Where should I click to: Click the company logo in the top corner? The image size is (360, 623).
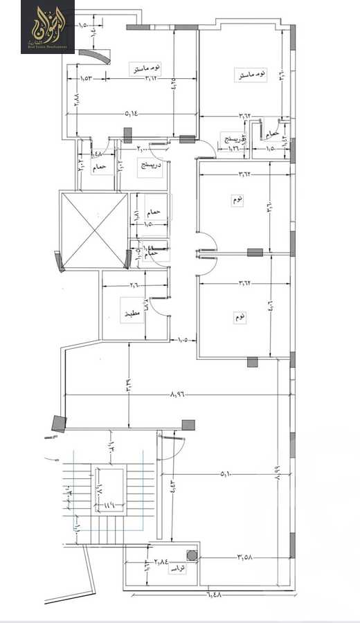(48, 27)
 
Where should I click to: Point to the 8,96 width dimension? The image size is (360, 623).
(177, 394)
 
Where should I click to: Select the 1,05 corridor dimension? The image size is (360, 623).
(183, 340)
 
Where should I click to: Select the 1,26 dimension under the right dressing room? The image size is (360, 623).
(233, 147)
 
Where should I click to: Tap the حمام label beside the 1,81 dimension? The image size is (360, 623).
(154, 212)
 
